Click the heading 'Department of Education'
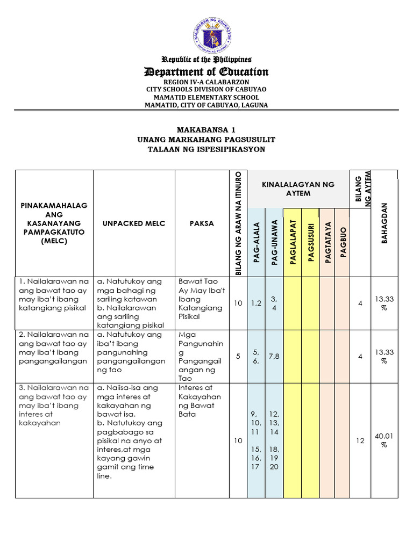point(206,72)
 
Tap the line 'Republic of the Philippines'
point(206,60)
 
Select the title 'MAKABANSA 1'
point(206,130)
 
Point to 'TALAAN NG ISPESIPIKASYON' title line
point(206,149)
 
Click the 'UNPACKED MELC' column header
point(134,223)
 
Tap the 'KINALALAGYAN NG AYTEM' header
point(298,189)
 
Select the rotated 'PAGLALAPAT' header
point(294,242)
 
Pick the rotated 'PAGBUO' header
point(344,242)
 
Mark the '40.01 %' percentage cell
point(384,440)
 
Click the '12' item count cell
point(360,440)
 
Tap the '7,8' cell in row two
point(274,357)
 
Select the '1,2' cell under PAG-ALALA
point(257,303)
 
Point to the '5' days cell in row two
point(238,357)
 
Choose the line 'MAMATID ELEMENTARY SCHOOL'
point(206,97)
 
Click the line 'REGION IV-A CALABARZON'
point(206,82)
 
